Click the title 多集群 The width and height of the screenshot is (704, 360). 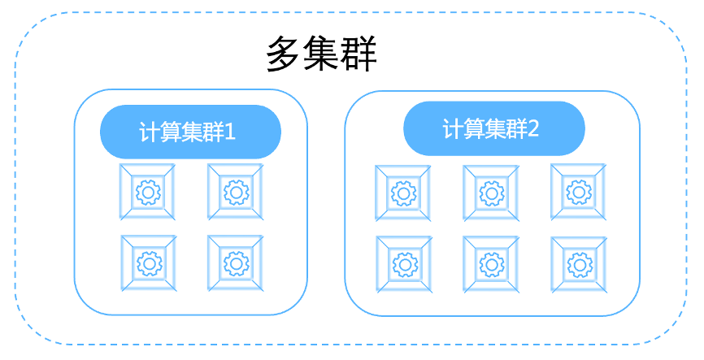coord(322,55)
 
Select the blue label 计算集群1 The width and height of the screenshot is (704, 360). coord(190,132)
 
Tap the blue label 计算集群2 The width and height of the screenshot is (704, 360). coord(493,128)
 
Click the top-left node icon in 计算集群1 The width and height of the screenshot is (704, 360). coord(148,192)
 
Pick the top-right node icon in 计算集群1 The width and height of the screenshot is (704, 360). coord(236,192)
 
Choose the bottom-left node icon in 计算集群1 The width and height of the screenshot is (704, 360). coord(148,262)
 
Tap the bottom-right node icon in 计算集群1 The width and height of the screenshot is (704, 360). coord(236,262)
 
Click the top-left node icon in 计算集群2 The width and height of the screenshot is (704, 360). coord(402,193)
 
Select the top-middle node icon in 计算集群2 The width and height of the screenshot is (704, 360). coord(490,193)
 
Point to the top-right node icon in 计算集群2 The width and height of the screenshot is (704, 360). coord(578,192)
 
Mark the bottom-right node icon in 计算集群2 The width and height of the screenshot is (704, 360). coord(578,263)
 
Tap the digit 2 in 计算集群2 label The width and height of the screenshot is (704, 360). coord(532,128)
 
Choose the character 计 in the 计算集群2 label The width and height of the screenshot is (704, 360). coord(452,128)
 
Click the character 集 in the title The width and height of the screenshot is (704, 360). coord(322,55)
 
